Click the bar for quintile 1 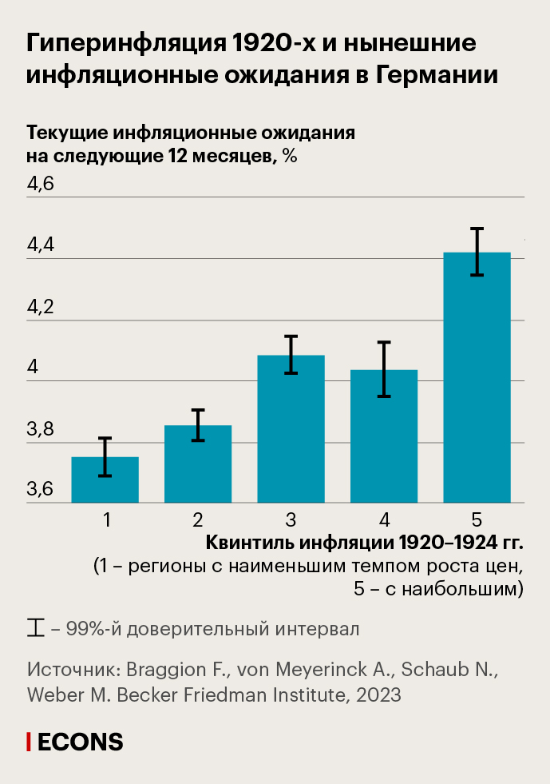coord(105,481)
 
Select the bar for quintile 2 coord(198,465)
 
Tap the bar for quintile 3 coord(291,430)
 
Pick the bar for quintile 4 coord(384,437)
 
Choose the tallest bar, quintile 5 coord(477,378)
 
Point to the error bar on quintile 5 coord(477,252)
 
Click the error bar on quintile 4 coord(384,369)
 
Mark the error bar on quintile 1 coord(105,457)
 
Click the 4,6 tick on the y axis coord(41,185)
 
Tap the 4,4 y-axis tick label coord(41,246)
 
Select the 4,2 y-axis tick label coord(41,308)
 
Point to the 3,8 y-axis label coord(41,431)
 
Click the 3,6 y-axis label coord(41,490)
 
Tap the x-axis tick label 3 coord(291,520)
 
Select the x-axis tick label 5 coord(477,520)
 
